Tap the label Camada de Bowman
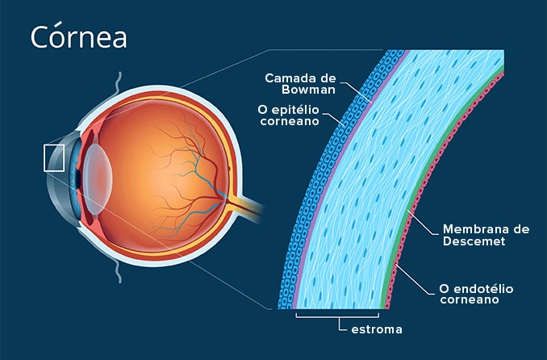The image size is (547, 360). pyautogui.click(x=301, y=84)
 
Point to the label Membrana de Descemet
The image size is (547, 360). pyautogui.click(x=486, y=235)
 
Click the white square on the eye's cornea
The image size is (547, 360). pyautogui.click(x=54, y=157)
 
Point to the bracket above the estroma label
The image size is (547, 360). pyautogui.click(x=337, y=314)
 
